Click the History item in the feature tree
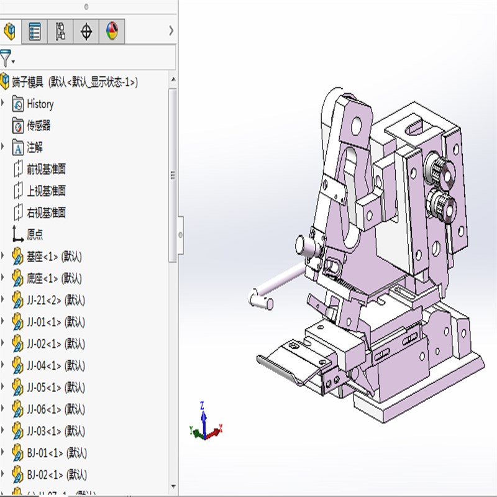pos(40,104)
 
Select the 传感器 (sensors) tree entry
pos(39,125)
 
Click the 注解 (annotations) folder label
pos(35,147)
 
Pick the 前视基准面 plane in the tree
pos(46,169)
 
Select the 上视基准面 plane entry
pos(46,191)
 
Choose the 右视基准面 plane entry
pos(46,212)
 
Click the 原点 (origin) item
pos(35,235)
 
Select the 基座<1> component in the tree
pos(54,257)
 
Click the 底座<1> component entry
pos(54,278)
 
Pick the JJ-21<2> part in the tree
pos(55,300)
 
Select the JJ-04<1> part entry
pos(55,365)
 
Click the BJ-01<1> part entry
pos(57,452)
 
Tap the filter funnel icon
pos(6,58)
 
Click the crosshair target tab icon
pos(86,32)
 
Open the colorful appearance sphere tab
pos(112,32)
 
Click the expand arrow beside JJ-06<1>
pos(4,409)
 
